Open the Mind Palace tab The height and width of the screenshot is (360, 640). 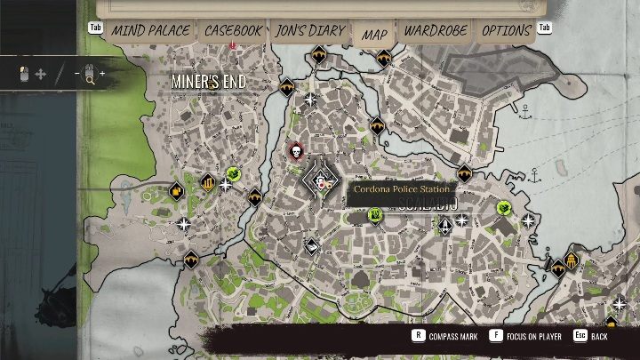[x=150, y=30]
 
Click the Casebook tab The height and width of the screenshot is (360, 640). [x=233, y=30]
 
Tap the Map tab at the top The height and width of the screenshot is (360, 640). [x=374, y=34]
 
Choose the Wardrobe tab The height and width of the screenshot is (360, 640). [x=436, y=30]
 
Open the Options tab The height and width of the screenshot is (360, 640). [x=506, y=30]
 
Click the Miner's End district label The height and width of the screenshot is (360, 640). [x=208, y=82]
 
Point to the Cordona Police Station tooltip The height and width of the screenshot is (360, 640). [x=401, y=189]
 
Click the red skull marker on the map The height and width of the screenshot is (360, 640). [x=296, y=152]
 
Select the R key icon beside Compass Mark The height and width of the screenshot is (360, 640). [x=417, y=336]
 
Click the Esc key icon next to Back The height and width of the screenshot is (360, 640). [x=580, y=336]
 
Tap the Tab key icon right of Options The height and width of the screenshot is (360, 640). [x=544, y=28]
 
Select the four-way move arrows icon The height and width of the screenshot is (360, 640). [x=41, y=74]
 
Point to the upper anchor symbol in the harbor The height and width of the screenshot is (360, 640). [x=525, y=113]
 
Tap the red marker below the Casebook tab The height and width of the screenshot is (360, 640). [x=233, y=44]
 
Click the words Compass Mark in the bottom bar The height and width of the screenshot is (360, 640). [x=453, y=337]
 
